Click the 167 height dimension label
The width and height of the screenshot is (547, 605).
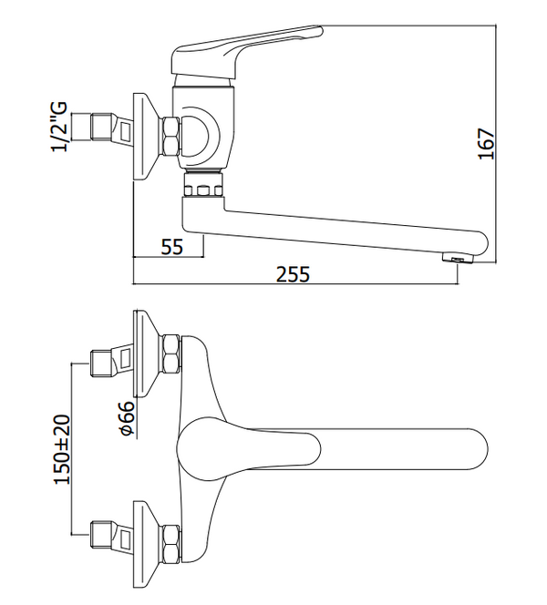point(487,143)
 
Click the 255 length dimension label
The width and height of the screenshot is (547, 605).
point(293,274)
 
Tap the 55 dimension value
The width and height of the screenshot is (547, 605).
point(171,247)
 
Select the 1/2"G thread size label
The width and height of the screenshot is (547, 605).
point(59,127)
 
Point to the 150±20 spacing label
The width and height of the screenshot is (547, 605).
point(62,449)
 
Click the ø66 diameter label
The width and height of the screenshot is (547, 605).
point(127,418)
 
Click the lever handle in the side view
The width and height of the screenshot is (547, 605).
point(246,50)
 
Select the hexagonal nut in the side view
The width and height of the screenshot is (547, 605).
point(171,137)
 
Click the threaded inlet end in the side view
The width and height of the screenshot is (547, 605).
point(101,127)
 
